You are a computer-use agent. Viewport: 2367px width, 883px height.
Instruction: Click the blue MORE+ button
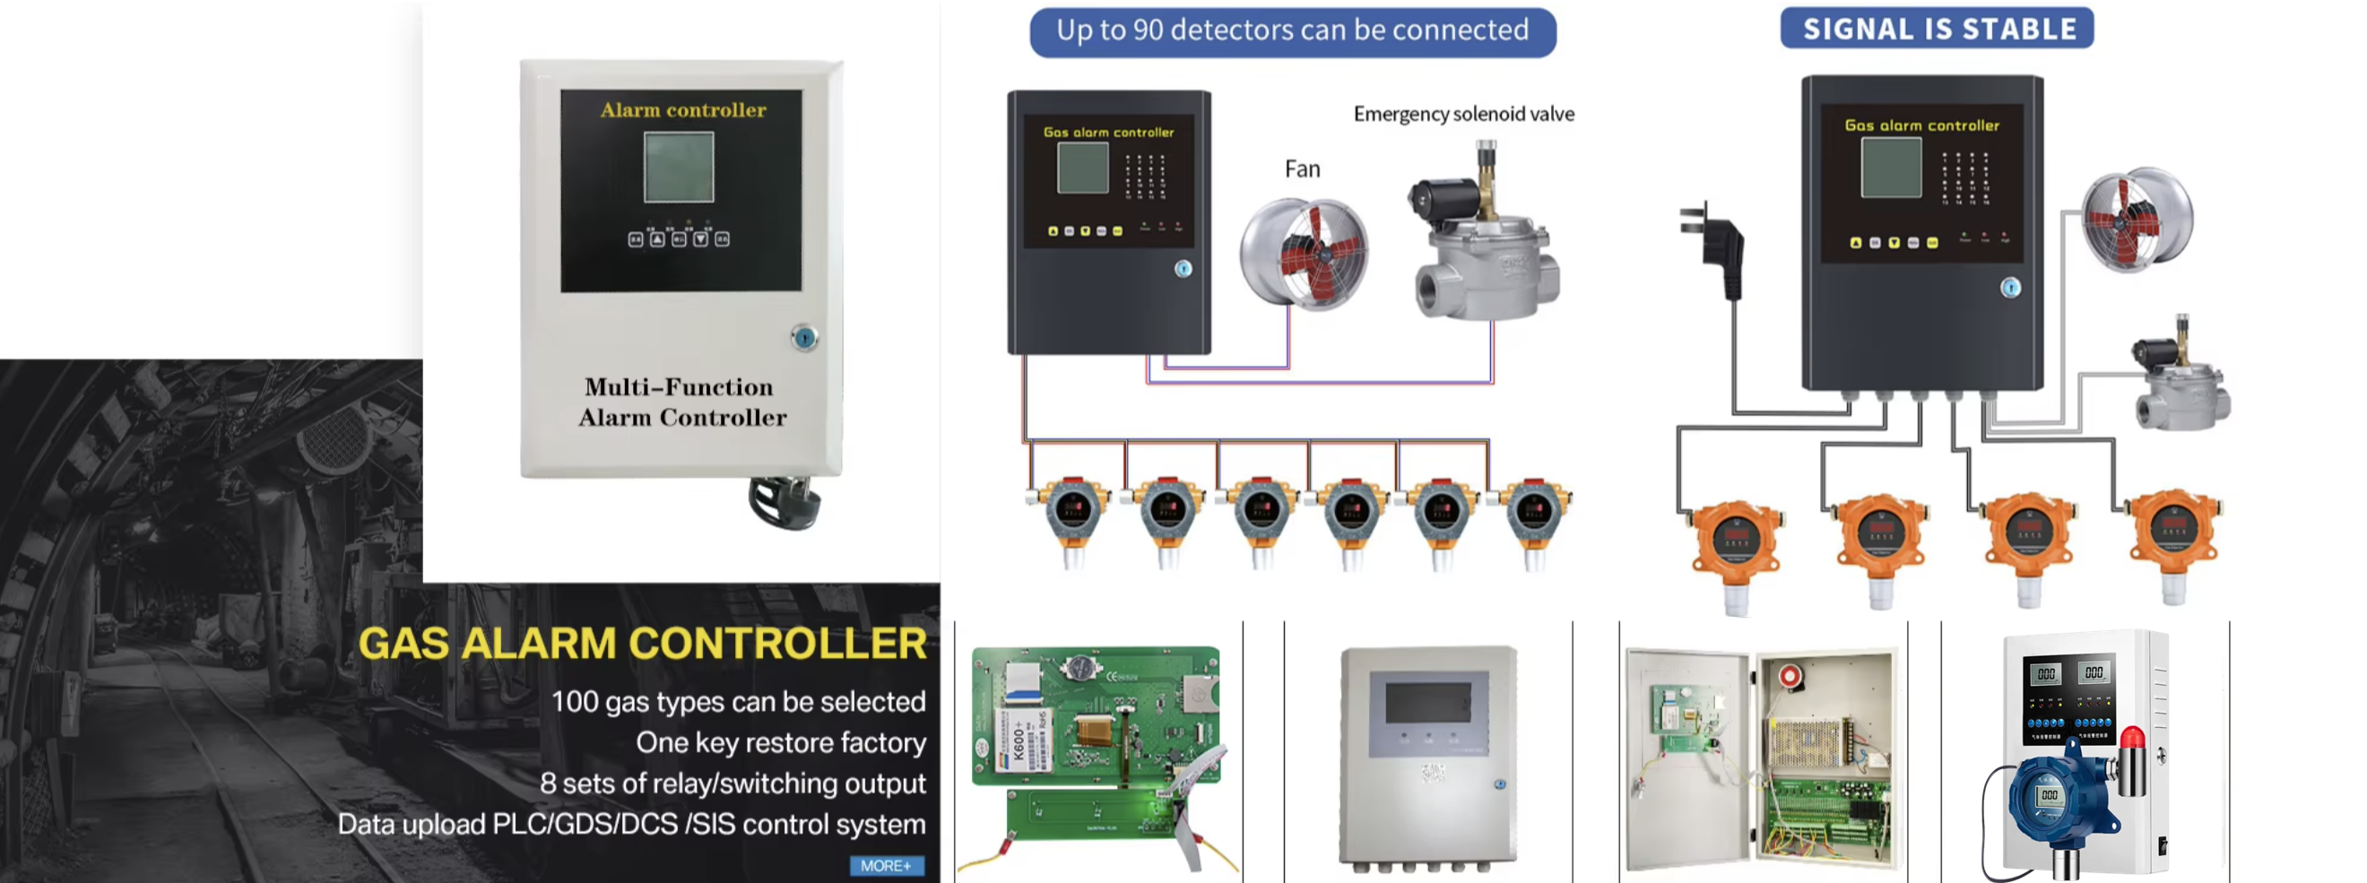[x=886, y=866]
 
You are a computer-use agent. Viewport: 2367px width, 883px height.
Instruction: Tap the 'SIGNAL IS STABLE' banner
[x=1937, y=29]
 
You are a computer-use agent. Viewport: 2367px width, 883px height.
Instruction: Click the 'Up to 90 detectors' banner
[x=1292, y=31]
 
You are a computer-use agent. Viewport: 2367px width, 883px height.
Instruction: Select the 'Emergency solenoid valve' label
[x=1463, y=114]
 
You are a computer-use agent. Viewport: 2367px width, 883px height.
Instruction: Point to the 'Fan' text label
[x=1302, y=169]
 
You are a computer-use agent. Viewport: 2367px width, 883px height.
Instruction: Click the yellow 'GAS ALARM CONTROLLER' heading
[x=642, y=643]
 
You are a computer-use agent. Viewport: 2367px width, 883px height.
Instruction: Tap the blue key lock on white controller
[x=804, y=338]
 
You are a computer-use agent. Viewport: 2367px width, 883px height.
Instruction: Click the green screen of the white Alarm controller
[x=678, y=168]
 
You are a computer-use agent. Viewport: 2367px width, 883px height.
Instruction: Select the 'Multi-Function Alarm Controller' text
[x=681, y=403]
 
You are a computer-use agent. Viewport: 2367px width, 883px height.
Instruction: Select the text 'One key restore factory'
[x=780, y=742]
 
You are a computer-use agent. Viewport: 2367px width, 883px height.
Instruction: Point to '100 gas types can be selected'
[x=738, y=702]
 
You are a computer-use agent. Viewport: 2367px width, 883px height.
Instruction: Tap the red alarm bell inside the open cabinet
[x=1789, y=677]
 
